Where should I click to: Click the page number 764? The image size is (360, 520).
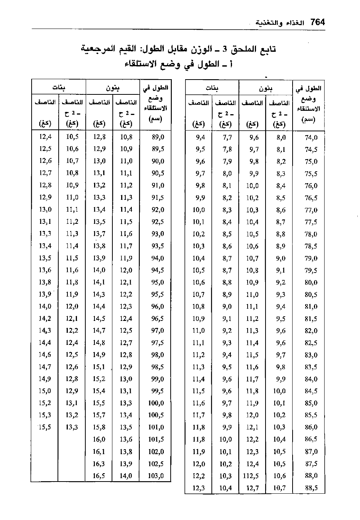click(317, 22)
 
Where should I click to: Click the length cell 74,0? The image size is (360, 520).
click(311, 138)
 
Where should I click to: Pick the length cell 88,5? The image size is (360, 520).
click(311, 488)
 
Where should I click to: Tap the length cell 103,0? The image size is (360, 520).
click(156, 476)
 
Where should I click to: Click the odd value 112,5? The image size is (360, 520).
click(251, 476)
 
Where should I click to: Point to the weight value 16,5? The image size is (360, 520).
click(99, 476)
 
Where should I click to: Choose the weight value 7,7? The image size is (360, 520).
click(227, 138)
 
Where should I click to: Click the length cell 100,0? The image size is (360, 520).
click(156, 403)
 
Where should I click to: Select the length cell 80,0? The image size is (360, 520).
click(311, 282)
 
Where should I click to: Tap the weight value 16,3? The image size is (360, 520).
click(99, 464)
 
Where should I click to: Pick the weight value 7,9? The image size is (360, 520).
click(227, 161)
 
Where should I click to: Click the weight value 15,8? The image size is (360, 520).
click(99, 427)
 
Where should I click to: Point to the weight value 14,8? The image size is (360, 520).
click(99, 343)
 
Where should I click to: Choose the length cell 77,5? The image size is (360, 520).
click(311, 222)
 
